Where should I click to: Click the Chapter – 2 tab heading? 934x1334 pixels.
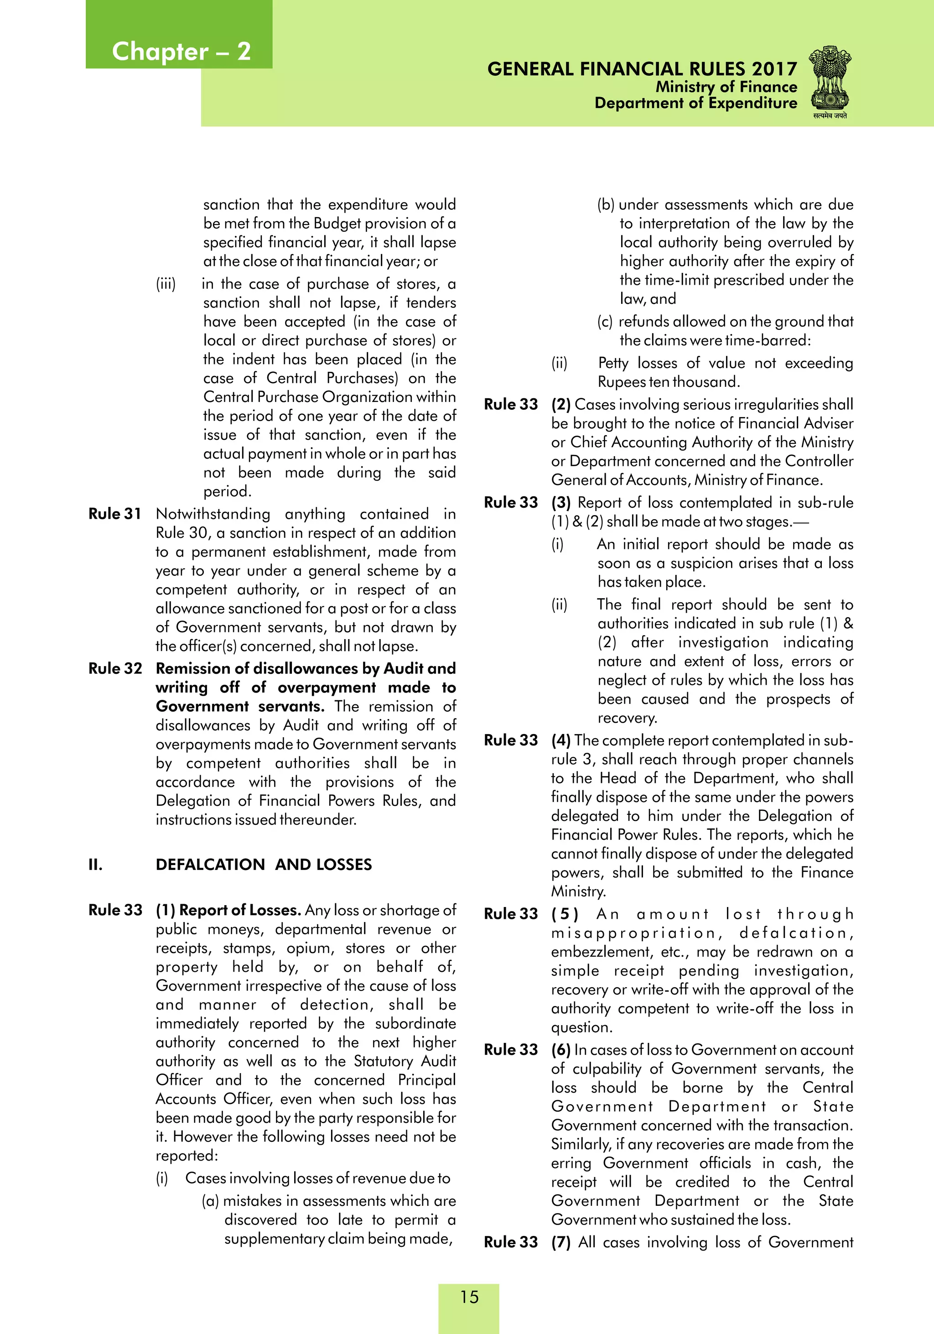coord(181,52)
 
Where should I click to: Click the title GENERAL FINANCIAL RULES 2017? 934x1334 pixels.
coord(642,69)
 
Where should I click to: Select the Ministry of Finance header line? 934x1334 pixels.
coord(726,87)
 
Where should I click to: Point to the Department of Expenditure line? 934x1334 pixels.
coord(695,104)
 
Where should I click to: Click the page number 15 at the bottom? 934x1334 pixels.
coord(469,1297)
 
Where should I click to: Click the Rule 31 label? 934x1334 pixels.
coord(115,514)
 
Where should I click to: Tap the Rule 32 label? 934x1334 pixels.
coord(115,668)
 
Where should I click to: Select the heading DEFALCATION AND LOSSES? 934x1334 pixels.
coord(263,865)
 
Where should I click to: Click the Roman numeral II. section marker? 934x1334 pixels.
coord(96,865)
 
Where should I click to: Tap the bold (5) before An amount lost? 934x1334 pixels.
coord(565,914)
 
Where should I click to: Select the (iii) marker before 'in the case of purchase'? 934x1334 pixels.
coord(166,284)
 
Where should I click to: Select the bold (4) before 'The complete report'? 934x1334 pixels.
coord(560,740)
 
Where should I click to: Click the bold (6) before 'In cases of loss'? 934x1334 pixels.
coord(560,1050)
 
